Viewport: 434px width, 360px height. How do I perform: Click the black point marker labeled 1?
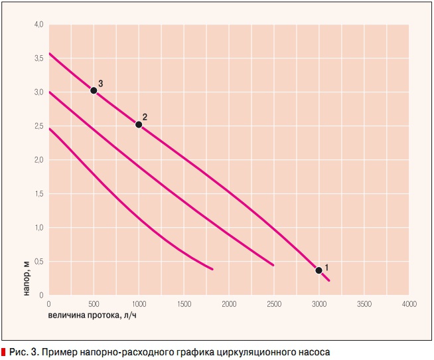click(319, 270)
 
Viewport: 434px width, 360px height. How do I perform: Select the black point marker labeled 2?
click(139, 125)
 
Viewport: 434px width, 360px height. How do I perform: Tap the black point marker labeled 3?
click(94, 90)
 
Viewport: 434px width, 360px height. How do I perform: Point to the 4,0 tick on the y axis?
click(39, 25)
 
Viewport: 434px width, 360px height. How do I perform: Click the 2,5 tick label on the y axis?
click(39, 126)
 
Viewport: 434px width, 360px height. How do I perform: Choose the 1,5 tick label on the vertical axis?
click(39, 194)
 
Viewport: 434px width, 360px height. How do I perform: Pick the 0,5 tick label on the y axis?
click(39, 262)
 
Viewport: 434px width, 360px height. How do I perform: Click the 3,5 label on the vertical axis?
click(39, 58)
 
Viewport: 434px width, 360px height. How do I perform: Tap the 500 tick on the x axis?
click(94, 304)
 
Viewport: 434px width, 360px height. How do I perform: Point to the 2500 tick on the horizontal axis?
click(273, 304)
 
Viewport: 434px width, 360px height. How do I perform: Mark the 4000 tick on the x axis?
click(408, 304)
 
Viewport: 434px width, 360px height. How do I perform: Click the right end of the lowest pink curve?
click(212, 269)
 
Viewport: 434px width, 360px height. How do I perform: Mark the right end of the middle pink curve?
click(273, 265)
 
